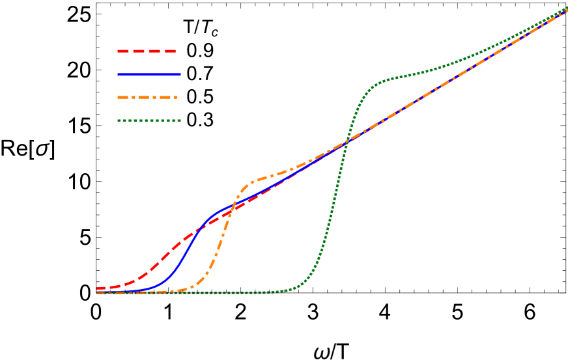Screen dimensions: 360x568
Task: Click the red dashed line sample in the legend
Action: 147,51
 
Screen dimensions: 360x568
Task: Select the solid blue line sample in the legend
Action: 149,74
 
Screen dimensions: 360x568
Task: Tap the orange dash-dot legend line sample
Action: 147,98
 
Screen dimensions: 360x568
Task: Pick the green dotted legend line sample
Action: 149,120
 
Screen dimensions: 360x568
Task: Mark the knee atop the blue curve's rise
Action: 215,214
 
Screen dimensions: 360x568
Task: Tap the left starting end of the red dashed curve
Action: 98,288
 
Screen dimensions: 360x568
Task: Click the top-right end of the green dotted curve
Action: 566,7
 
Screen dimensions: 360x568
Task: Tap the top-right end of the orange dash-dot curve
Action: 566,10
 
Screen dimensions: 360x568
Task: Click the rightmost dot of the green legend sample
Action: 179,120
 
